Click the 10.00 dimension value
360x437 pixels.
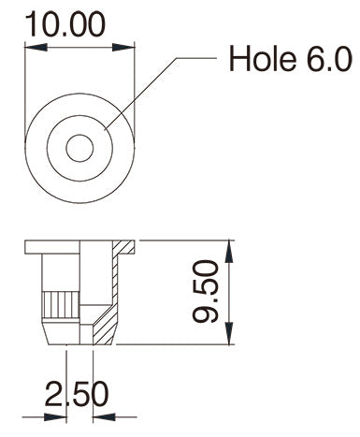pos(65,24)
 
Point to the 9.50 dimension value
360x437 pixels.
pos(205,292)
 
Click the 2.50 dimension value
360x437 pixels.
pos(77,394)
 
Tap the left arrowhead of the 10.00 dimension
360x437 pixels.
pos(36,48)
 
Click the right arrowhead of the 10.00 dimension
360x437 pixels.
pos(123,48)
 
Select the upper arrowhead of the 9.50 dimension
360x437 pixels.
pos(229,252)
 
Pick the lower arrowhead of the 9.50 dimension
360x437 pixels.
pos(229,333)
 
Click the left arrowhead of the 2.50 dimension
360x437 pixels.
pos(55,416)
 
